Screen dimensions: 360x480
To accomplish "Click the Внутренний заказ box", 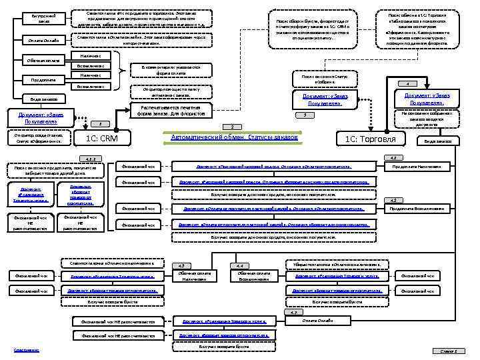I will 38,19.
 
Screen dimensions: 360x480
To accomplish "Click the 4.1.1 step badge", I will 89,159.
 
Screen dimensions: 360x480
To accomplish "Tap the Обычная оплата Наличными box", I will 195,276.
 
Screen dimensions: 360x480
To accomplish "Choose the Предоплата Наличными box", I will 429,166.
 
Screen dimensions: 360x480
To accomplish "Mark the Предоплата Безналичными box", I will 429,209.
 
